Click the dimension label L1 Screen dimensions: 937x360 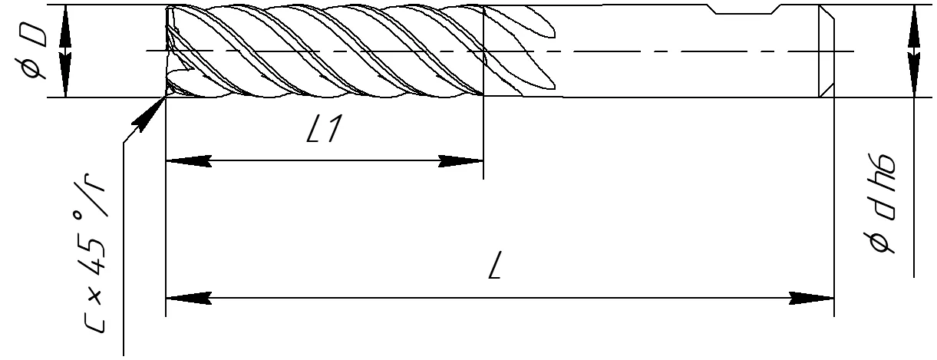point(324,128)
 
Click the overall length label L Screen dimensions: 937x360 point(495,265)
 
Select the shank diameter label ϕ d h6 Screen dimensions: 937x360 point(882,203)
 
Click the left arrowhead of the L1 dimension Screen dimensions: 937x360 point(189,160)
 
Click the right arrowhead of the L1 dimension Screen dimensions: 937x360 point(460,160)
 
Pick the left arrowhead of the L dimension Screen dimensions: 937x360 point(189,298)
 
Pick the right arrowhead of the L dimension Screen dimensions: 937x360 point(811,298)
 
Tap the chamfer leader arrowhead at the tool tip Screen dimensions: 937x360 point(149,114)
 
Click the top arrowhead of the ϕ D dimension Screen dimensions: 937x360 point(64,28)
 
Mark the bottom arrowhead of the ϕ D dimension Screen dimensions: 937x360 point(64,74)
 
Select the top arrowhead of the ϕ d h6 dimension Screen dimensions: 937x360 point(914,28)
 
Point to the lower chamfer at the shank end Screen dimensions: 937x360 point(826,90)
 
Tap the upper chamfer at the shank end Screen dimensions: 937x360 point(826,12)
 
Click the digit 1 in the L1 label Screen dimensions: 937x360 point(333,128)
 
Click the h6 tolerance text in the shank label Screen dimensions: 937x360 point(882,173)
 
